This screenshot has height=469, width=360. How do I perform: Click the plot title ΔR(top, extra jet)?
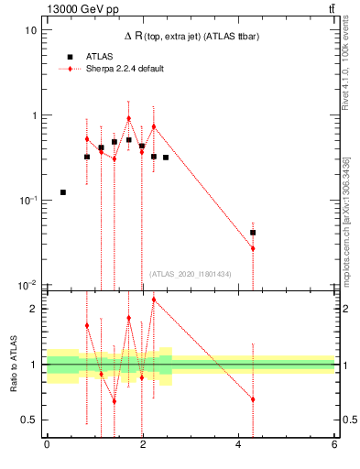190,36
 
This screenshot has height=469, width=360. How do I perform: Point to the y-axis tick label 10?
30,30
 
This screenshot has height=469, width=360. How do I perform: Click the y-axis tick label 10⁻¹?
28,201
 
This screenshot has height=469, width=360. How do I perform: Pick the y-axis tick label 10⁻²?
28,285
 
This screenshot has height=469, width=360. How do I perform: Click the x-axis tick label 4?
238,445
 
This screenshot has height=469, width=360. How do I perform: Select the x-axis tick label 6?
334,445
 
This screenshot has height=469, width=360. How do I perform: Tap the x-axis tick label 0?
47,445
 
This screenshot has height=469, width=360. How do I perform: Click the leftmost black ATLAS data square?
62,192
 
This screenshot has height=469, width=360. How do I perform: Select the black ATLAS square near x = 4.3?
253,233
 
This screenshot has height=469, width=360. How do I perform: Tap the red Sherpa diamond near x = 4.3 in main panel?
253,248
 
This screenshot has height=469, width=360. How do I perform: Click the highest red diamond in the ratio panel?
154,300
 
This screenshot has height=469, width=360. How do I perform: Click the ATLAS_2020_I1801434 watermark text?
191,274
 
